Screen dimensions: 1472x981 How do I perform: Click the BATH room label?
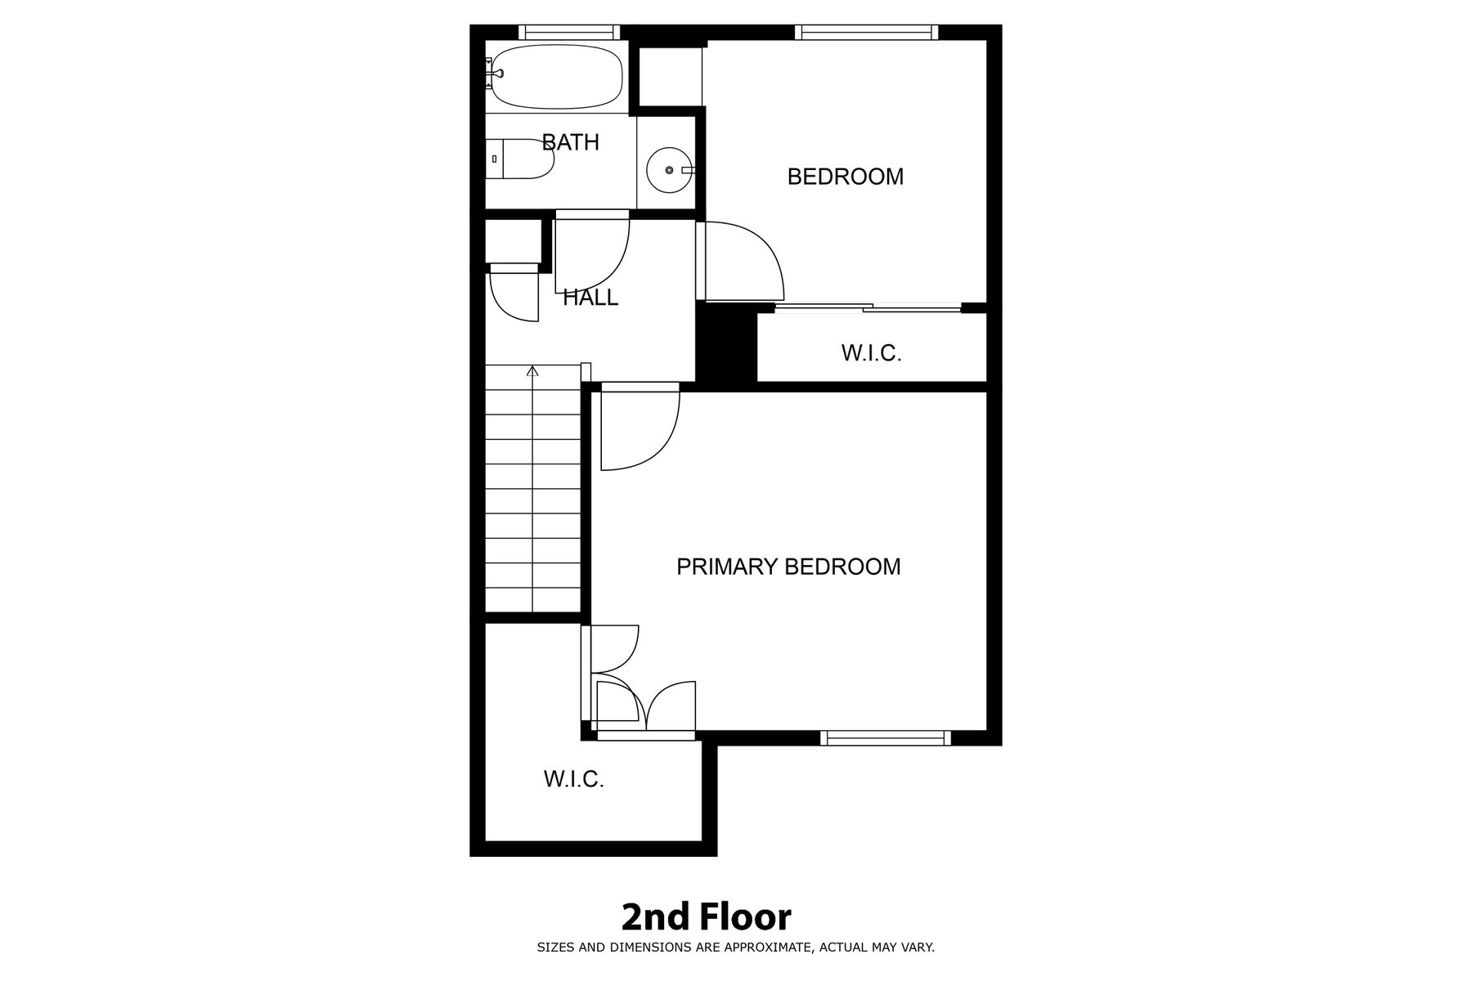pos(571,142)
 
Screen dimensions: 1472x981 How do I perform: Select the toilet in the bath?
pos(520,159)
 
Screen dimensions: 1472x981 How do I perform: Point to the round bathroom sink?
pos(670,170)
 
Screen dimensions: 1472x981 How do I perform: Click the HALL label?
pos(590,298)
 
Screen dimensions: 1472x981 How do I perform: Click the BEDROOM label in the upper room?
pos(845,177)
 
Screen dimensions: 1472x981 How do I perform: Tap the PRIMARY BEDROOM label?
pos(788,567)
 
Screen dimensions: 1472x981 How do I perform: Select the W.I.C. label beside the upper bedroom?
pos(871,353)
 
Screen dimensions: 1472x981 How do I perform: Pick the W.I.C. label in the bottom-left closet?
pos(573,779)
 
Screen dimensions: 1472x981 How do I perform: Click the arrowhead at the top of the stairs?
pos(532,371)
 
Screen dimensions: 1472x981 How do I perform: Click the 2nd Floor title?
pos(707,917)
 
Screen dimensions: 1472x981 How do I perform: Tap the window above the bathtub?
pos(569,32)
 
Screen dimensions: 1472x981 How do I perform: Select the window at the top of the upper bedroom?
pos(866,32)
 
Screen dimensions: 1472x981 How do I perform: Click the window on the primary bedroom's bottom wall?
pos(886,738)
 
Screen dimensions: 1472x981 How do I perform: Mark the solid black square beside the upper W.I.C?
pos(725,342)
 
